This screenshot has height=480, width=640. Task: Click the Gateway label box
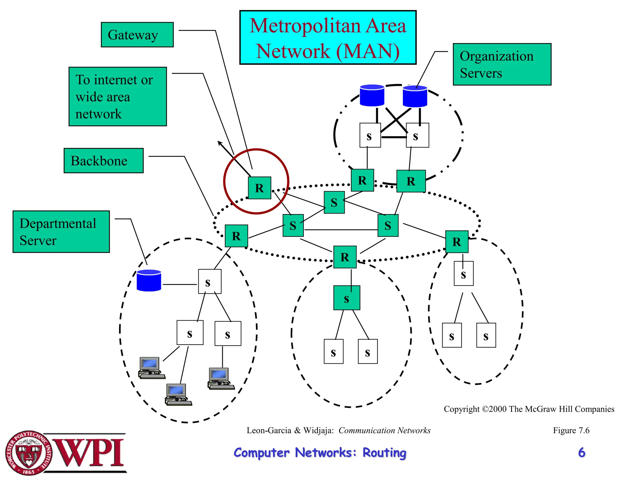pyautogui.click(x=137, y=35)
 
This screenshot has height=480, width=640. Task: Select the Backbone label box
pyautogui.click(x=103, y=161)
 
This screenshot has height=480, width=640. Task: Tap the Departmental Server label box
pyautogui.click(x=61, y=232)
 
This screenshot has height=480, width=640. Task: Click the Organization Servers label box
pyautogui.click(x=502, y=64)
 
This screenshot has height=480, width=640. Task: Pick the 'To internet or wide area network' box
pyautogui.click(x=117, y=97)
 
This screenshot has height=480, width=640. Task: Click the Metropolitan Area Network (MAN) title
pyautogui.click(x=328, y=38)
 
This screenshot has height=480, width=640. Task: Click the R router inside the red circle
pyautogui.click(x=259, y=188)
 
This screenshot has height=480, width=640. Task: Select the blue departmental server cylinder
pyautogui.click(x=149, y=281)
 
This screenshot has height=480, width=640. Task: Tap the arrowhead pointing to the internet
pyautogui.click(x=220, y=143)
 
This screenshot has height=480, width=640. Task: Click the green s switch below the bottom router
pyautogui.click(x=347, y=298)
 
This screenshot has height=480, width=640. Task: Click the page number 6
pyautogui.click(x=581, y=452)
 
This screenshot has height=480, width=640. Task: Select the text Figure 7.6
pyautogui.click(x=571, y=430)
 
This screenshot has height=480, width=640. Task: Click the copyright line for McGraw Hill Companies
pyautogui.click(x=529, y=409)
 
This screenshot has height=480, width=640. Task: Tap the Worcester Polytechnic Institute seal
pyautogui.click(x=28, y=453)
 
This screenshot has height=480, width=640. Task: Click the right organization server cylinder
pyautogui.click(x=415, y=96)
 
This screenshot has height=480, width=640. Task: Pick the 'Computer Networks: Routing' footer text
pyautogui.click(x=320, y=453)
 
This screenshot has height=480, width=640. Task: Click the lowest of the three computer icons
pyautogui.click(x=178, y=395)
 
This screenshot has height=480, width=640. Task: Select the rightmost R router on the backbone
pyautogui.click(x=457, y=242)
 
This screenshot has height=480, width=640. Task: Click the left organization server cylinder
pyautogui.click(x=372, y=95)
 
